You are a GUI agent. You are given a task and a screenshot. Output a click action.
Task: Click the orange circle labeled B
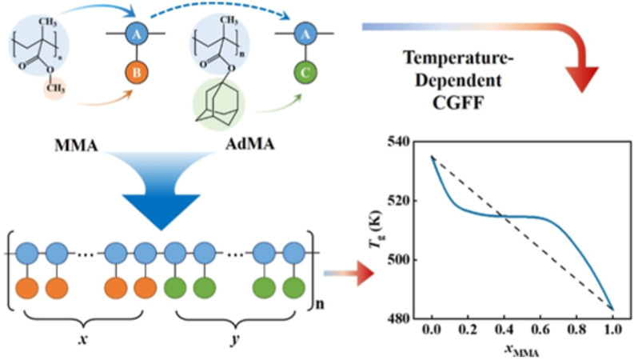point(137,73)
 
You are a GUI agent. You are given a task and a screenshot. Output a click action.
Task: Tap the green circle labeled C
point(305,73)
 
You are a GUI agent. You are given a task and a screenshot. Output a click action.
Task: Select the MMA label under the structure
point(77,146)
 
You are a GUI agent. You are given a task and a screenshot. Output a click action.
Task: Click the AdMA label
point(249,144)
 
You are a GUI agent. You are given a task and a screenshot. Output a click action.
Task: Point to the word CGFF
point(458,102)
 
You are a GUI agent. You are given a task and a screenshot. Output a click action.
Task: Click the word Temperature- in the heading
point(459,58)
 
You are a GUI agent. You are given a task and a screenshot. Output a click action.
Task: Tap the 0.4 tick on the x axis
point(504,330)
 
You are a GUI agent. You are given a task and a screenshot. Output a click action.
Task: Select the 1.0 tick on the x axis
point(612,330)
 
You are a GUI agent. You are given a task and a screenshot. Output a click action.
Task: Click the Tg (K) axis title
point(377,230)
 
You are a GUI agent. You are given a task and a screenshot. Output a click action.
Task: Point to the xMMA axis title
point(522,350)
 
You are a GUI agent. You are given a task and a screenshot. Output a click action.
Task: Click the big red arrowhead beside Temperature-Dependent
point(582,78)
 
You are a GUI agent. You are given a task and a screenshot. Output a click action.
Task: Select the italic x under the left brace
point(83,338)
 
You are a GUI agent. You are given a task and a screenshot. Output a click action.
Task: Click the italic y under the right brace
point(235,340)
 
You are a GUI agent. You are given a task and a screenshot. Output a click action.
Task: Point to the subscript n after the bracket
point(321,303)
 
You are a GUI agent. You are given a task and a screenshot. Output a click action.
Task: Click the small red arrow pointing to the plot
point(349,274)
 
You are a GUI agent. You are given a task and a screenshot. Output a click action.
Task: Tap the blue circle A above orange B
point(137,34)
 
